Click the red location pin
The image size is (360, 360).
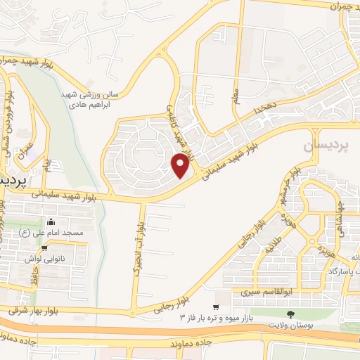(x=181, y=166)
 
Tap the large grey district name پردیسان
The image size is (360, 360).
(x=325, y=146)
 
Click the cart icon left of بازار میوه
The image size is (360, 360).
(x=216, y=307)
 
